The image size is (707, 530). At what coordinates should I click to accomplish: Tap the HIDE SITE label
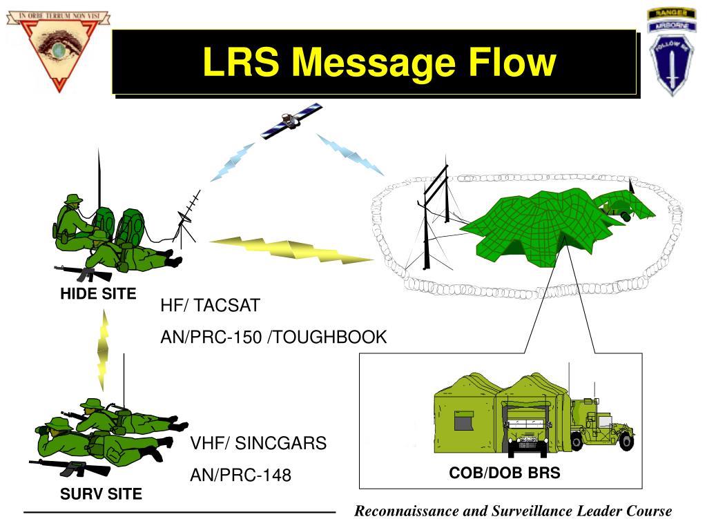98,293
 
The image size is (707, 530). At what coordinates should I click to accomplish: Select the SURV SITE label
101,493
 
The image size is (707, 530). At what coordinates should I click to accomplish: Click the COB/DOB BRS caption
505,473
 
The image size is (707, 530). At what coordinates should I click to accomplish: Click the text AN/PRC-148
241,475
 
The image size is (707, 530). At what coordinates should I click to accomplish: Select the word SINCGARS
280,443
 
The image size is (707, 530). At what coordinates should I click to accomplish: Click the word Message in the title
373,63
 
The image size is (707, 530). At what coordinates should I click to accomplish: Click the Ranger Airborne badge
671,51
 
